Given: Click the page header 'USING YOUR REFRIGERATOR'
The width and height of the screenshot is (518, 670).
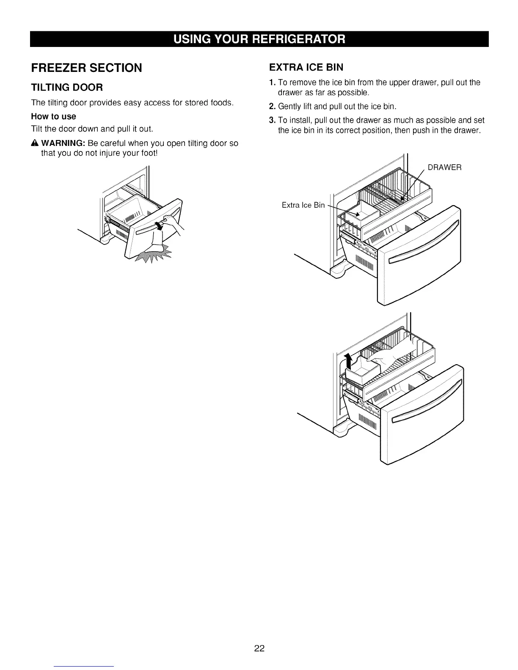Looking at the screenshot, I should (x=259, y=39).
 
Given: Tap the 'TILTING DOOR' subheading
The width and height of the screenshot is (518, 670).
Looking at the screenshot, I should (x=67, y=88).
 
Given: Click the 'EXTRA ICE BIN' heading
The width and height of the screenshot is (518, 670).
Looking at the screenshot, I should (x=306, y=67).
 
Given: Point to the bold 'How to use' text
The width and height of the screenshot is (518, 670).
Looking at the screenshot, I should (x=54, y=116).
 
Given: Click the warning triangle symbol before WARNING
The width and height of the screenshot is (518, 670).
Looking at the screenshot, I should (x=35, y=143).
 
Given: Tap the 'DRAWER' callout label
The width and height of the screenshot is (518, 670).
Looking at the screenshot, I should (x=444, y=167).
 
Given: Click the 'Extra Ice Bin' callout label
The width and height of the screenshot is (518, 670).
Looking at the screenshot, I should (x=303, y=206).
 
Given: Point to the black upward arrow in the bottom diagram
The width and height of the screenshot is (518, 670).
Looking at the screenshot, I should (x=349, y=362).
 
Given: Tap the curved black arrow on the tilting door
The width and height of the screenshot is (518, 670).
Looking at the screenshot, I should (x=159, y=225).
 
